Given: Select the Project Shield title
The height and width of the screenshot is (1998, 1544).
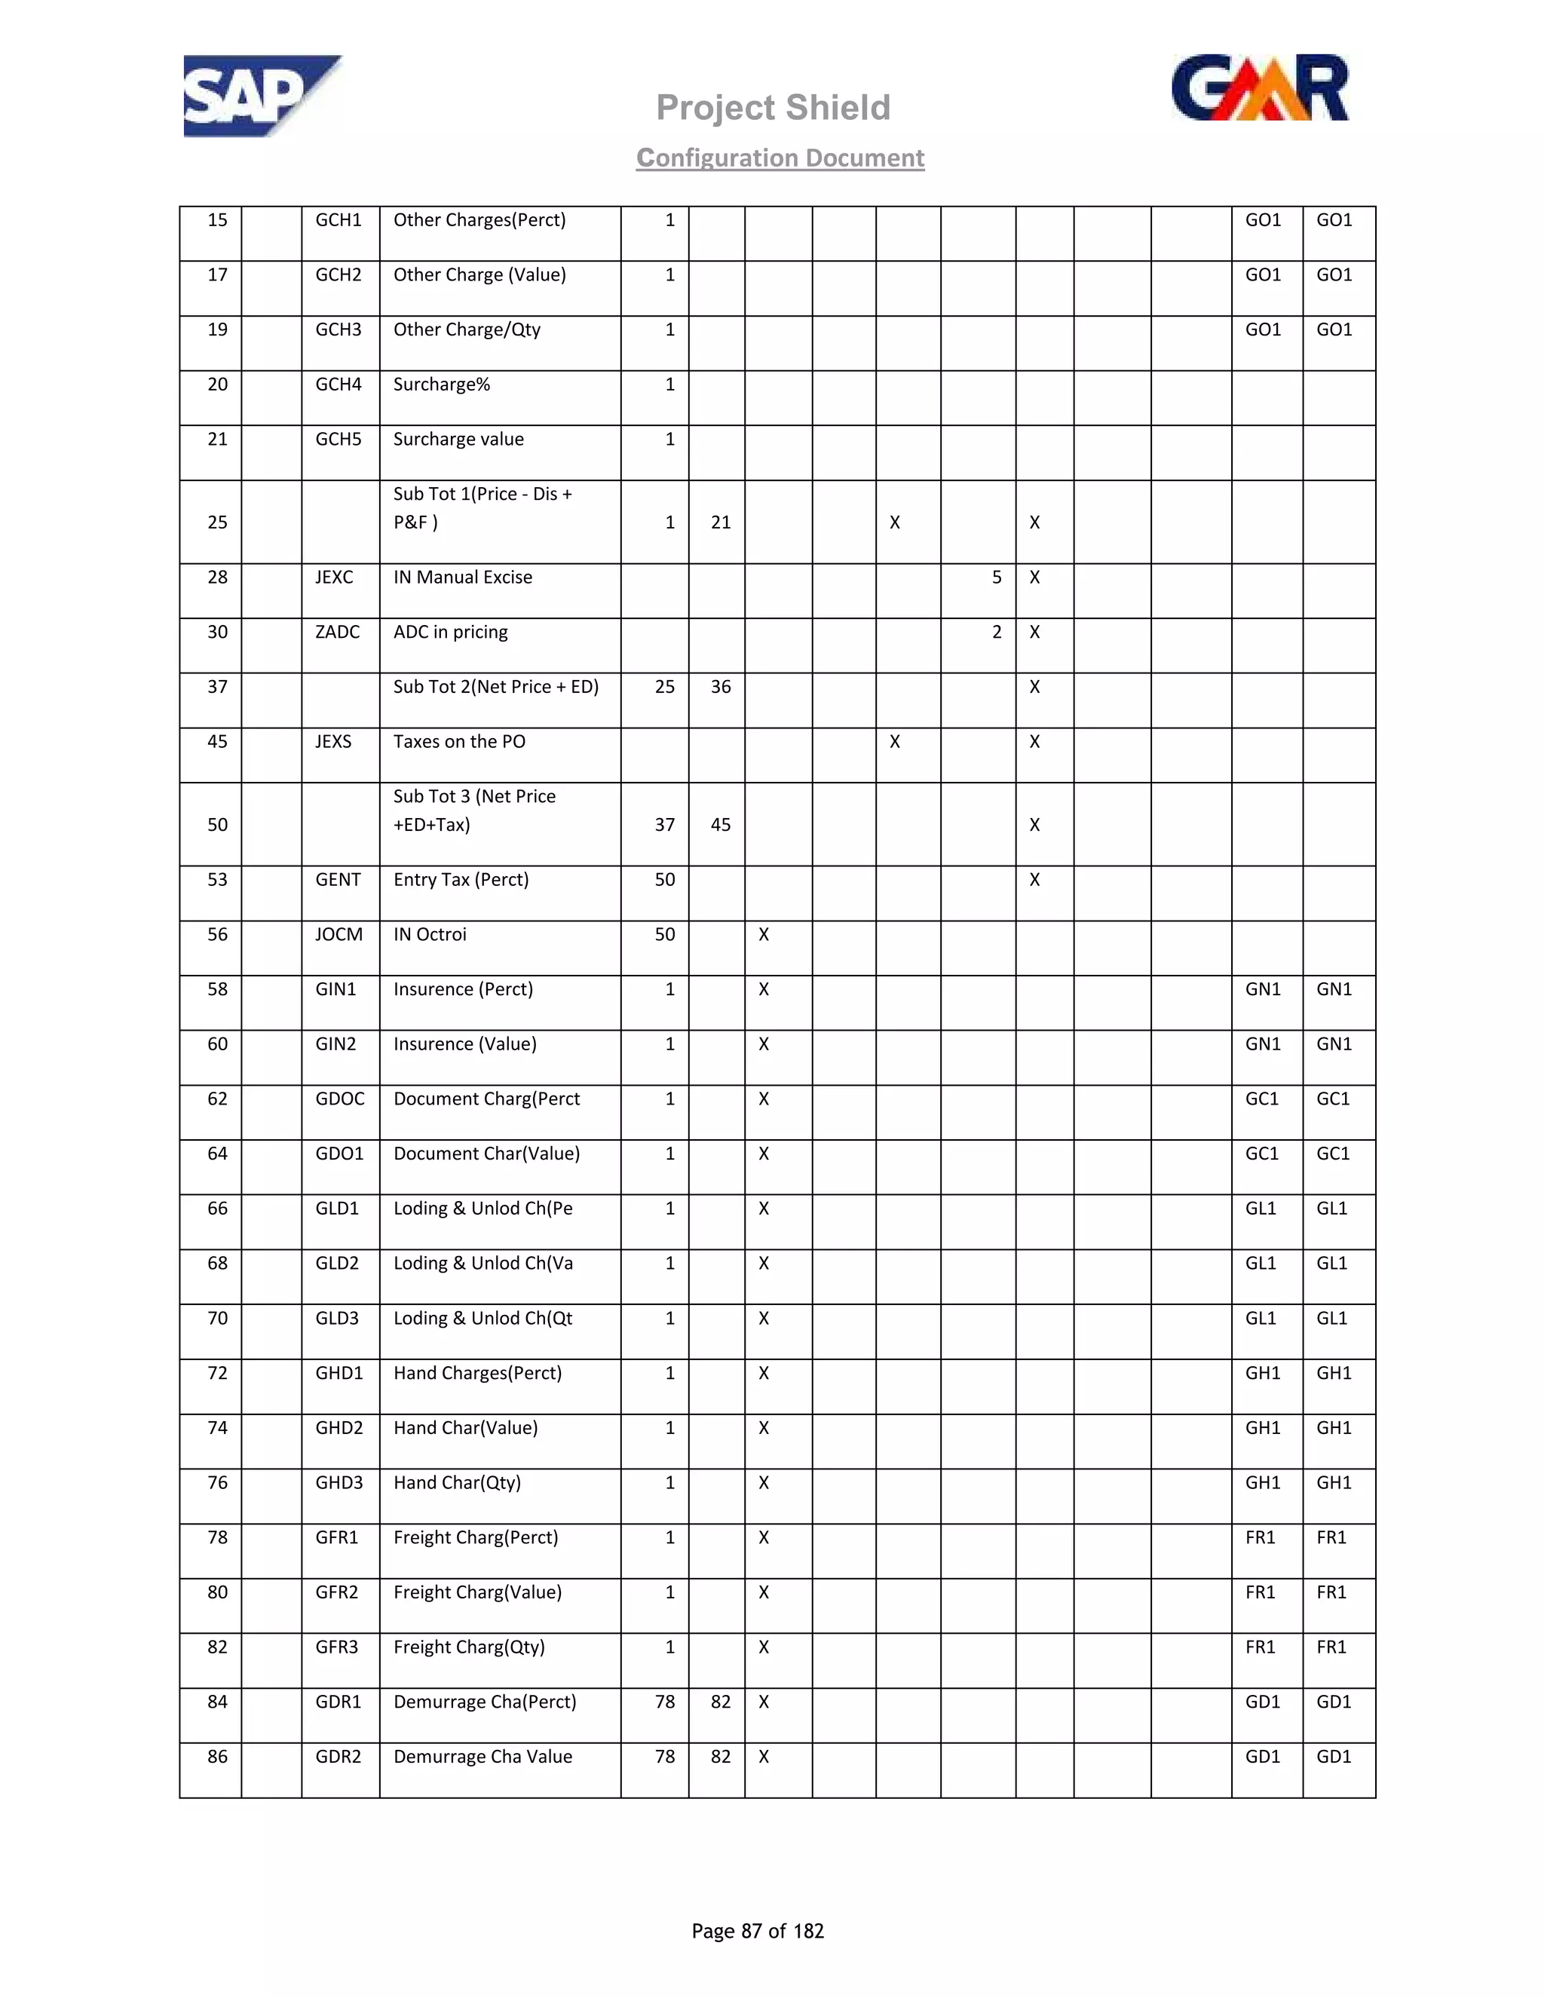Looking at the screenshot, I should (x=773, y=108).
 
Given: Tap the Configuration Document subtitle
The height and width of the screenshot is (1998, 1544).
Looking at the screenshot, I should (x=780, y=158).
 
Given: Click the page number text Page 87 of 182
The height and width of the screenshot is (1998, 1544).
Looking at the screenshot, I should (x=758, y=1930).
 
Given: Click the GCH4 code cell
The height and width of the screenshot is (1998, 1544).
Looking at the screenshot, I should (x=339, y=385).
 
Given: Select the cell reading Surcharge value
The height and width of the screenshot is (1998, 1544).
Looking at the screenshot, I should (x=458, y=440).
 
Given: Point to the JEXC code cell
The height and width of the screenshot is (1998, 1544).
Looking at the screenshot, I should (x=334, y=578).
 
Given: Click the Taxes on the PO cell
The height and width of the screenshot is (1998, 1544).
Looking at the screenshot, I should (x=459, y=742).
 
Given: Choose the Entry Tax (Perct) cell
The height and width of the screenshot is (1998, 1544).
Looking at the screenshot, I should (x=461, y=880).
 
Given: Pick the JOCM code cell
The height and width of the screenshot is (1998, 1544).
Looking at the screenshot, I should (x=339, y=935).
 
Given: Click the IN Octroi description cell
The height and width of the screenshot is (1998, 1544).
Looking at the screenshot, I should (x=430, y=935).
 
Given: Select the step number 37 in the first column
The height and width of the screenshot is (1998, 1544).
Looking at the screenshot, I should (x=217, y=688).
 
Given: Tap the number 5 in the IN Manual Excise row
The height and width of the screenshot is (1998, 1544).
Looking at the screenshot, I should (x=996, y=578).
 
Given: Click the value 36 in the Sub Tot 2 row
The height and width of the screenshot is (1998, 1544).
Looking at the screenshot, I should (x=721, y=688).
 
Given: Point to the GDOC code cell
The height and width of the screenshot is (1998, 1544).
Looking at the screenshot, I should (x=339, y=1099).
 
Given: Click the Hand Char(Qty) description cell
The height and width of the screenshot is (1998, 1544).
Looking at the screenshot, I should (x=458, y=1483).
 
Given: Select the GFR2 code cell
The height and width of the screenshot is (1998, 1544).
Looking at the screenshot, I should (x=336, y=1592).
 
